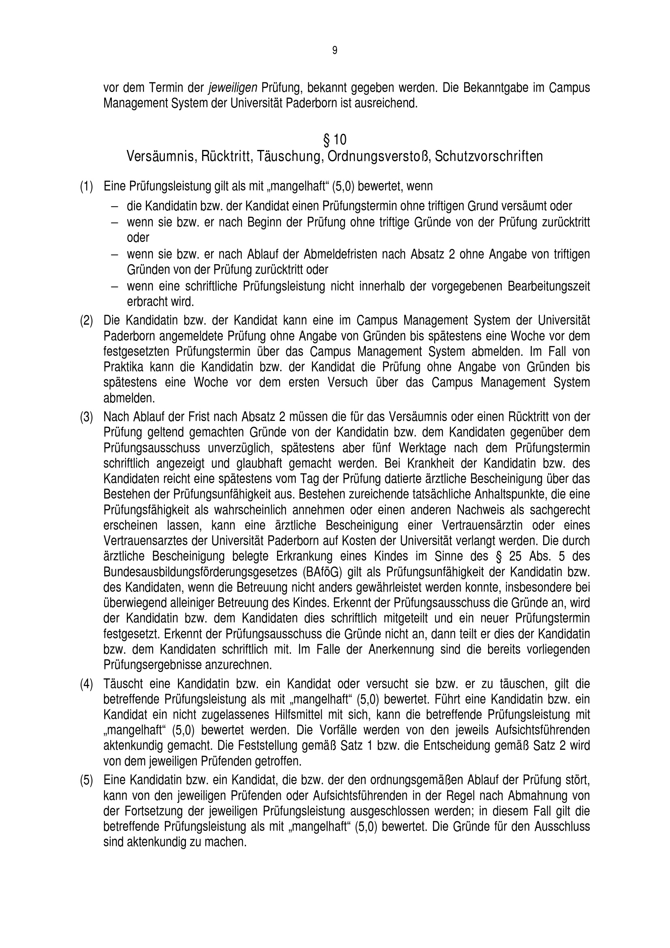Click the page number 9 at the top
pos(335,50)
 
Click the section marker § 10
pos(335,140)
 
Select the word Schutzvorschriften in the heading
pos(489,156)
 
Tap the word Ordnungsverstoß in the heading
pos(379,156)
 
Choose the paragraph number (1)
pos(86,186)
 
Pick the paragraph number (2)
pos(86,321)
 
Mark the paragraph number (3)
pos(86,417)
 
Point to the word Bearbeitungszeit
pos(549,286)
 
